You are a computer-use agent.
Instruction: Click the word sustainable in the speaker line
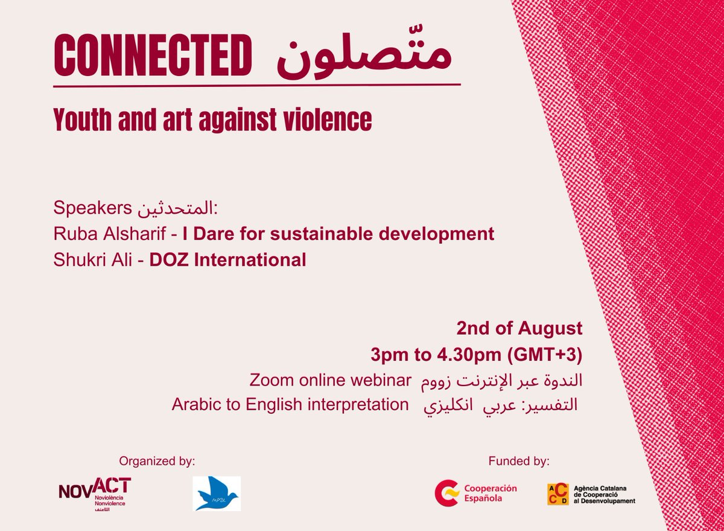tap(322, 234)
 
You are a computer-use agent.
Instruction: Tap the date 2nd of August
tap(519, 329)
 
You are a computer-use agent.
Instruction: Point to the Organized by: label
tap(157, 462)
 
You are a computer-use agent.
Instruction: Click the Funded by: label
tap(519, 462)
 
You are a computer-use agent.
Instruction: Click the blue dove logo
tap(217, 494)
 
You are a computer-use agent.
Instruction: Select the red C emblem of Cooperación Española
tap(446, 493)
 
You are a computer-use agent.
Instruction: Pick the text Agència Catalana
tap(601, 487)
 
